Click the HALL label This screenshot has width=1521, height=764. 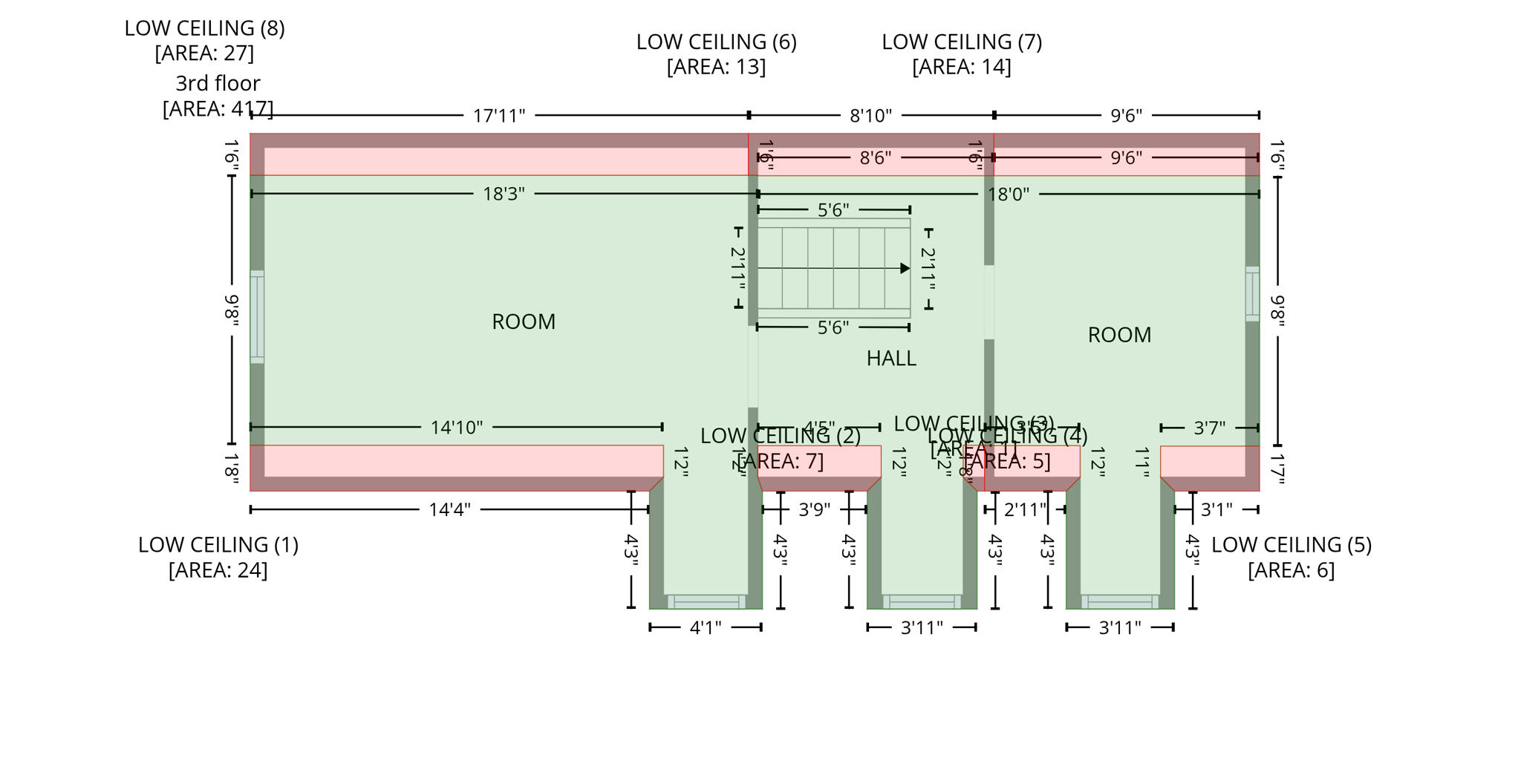890,359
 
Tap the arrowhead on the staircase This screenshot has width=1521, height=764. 904,268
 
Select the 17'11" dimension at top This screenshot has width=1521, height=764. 498,116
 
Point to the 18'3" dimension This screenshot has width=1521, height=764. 504,194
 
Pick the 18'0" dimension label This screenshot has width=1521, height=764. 1008,195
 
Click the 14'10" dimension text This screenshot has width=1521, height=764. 456,428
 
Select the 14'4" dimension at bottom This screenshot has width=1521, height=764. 449,510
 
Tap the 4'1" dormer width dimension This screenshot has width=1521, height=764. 705,628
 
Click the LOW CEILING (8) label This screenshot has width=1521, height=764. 204,28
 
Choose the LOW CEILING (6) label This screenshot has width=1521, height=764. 716,42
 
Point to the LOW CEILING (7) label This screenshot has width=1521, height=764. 961,42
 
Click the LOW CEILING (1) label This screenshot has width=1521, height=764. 218,545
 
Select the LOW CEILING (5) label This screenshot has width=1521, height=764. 1291,545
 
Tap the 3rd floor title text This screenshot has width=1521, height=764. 218,83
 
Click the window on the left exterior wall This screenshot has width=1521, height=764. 257,317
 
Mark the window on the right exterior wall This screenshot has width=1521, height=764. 1252,294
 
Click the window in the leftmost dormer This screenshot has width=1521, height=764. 706,601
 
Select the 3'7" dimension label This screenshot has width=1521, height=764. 1209,428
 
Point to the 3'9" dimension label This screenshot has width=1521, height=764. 814,510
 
